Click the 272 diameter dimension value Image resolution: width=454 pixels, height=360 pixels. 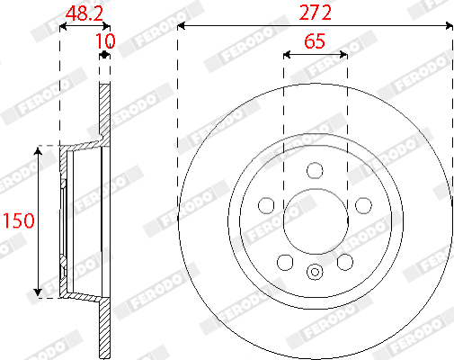tap(316, 13)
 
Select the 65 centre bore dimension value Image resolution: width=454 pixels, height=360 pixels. tap(315, 41)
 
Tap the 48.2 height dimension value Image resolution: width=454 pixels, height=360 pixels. tap(85, 13)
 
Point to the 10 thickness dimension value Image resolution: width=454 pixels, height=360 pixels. tap(105, 41)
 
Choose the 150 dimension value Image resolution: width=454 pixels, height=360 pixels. tap(19, 220)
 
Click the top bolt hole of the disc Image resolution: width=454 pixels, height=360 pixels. tap(315, 170)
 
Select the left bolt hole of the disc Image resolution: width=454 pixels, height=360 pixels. tap(266, 205)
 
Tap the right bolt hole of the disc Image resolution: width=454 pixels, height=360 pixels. tap(363, 205)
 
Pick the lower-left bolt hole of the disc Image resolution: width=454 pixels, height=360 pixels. tap(285, 262)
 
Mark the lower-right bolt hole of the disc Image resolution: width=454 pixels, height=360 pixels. tap(345, 262)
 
